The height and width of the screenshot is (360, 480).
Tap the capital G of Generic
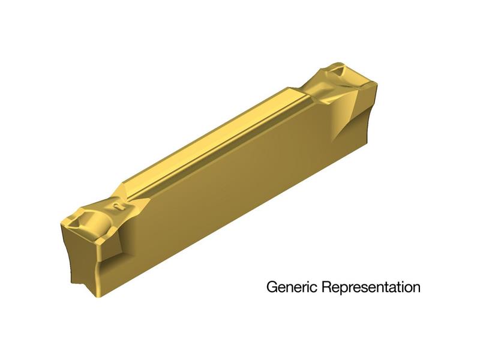[272, 287]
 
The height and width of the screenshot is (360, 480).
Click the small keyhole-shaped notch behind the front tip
[118, 207]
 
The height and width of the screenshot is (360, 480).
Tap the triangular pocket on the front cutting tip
[76, 220]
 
